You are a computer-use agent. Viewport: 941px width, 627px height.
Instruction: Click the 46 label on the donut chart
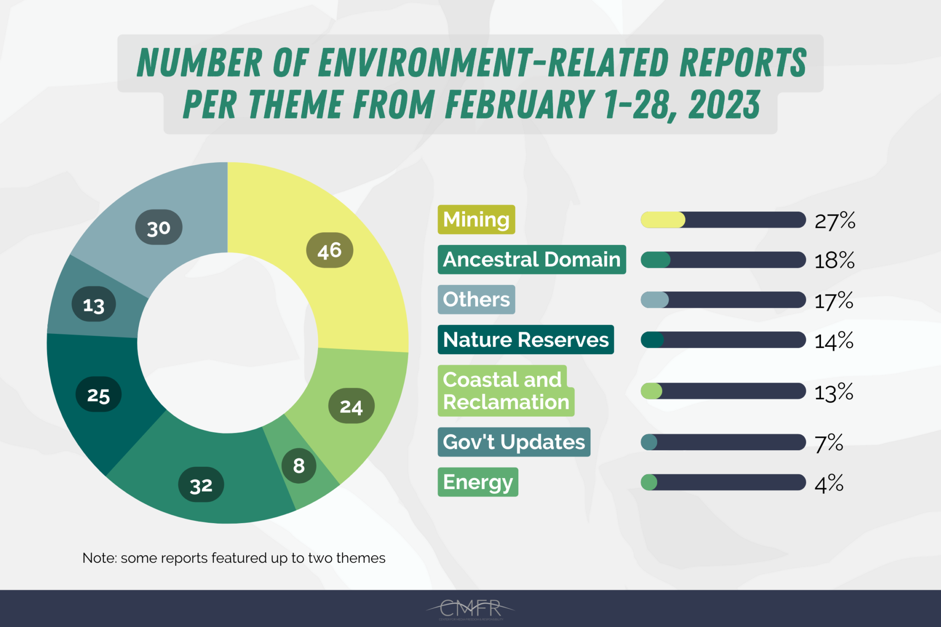329,250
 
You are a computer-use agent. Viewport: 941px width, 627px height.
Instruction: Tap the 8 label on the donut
299,466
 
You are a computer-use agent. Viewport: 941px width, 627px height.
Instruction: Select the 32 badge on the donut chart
201,485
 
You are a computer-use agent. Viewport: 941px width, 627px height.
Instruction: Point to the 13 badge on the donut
94,305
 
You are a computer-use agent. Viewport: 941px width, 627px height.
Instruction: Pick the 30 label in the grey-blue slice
159,227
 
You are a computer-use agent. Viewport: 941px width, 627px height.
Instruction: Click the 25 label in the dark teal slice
98,395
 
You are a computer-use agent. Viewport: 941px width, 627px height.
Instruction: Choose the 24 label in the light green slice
351,406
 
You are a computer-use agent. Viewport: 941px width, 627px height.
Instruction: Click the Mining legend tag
476,220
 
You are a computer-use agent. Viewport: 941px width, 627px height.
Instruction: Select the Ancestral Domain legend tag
531,260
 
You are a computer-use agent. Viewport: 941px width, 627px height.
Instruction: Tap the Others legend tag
476,299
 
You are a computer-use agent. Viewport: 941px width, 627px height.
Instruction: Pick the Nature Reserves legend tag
525,340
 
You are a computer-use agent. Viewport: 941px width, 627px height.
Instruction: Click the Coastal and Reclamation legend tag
505,391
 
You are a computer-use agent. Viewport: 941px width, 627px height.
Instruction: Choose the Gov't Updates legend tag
513,442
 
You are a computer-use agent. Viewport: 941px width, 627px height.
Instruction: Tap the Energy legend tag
477,482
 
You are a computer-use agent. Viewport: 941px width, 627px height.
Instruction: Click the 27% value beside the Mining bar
834,220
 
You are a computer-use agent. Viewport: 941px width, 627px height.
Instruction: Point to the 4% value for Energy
828,484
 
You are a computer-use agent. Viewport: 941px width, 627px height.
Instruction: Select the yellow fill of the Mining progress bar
663,220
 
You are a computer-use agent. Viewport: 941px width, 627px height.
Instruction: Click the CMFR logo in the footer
470,609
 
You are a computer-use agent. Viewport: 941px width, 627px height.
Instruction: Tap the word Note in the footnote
99,558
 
